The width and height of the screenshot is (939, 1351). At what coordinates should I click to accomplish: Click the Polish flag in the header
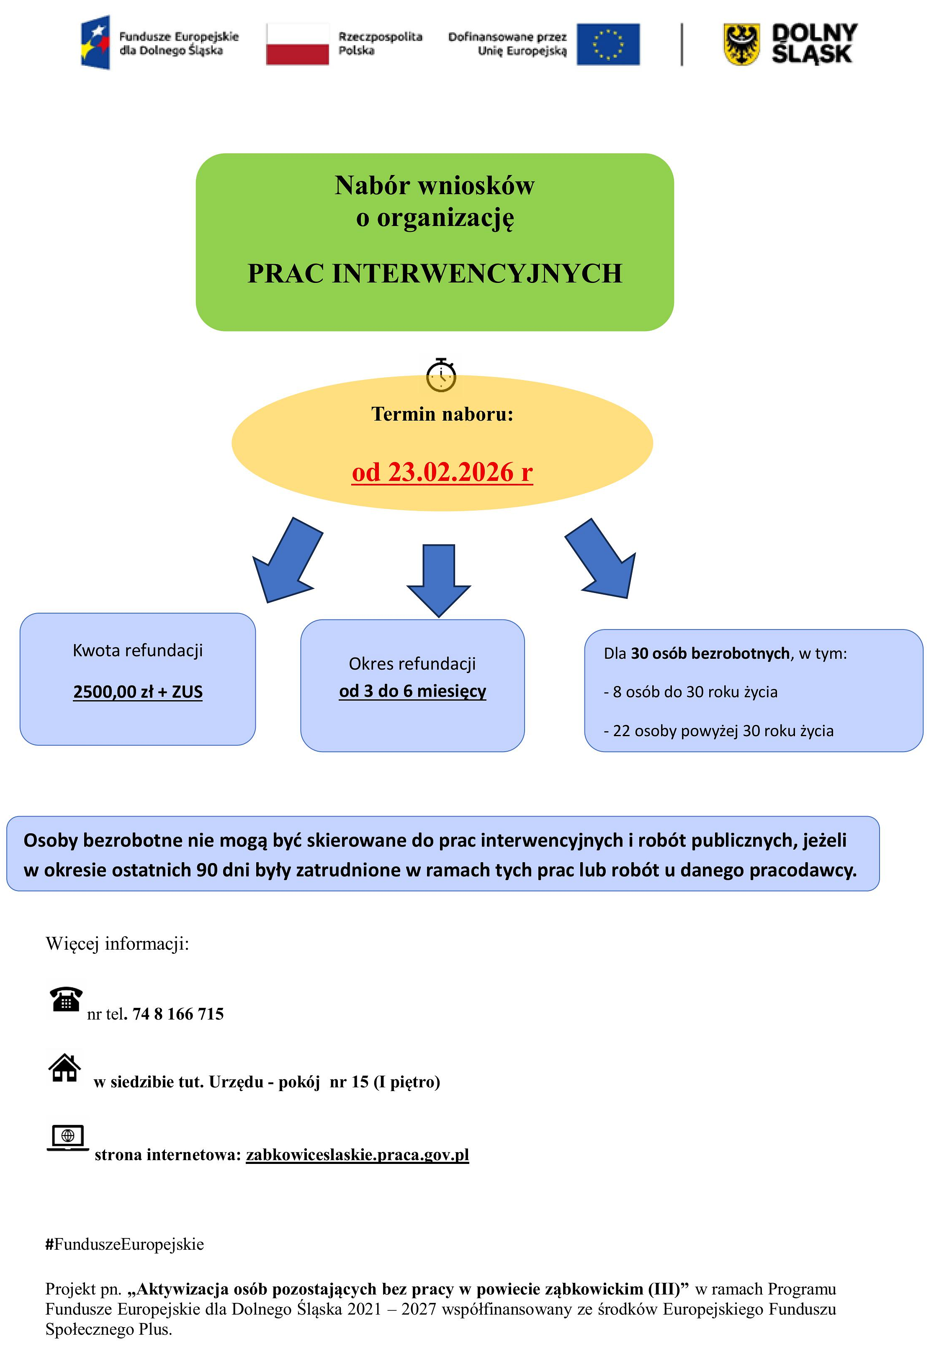pyautogui.click(x=297, y=44)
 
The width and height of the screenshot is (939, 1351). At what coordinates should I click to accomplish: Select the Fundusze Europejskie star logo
pyautogui.click(x=96, y=42)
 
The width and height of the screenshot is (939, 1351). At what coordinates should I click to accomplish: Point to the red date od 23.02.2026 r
pyautogui.click(x=442, y=472)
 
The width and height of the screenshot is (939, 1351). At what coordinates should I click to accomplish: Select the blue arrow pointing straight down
pyautogui.click(x=438, y=579)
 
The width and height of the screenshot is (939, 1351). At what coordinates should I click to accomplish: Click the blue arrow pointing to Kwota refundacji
pyautogui.click(x=286, y=561)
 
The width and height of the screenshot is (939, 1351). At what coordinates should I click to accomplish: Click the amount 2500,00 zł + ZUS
pyautogui.click(x=138, y=692)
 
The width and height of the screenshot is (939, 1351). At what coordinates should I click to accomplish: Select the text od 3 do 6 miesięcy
pyautogui.click(x=412, y=691)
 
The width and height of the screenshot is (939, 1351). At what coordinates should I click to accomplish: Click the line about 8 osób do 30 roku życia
pyautogui.click(x=690, y=692)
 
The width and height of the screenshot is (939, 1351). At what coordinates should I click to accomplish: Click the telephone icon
pyautogui.click(x=65, y=999)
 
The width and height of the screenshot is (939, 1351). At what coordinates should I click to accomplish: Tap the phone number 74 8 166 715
pyautogui.click(x=178, y=1014)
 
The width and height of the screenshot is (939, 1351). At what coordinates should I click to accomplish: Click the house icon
pyautogui.click(x=65, y=1068)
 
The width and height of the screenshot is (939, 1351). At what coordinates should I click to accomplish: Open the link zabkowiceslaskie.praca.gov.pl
pyautogui.click(x=357, y=1155)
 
